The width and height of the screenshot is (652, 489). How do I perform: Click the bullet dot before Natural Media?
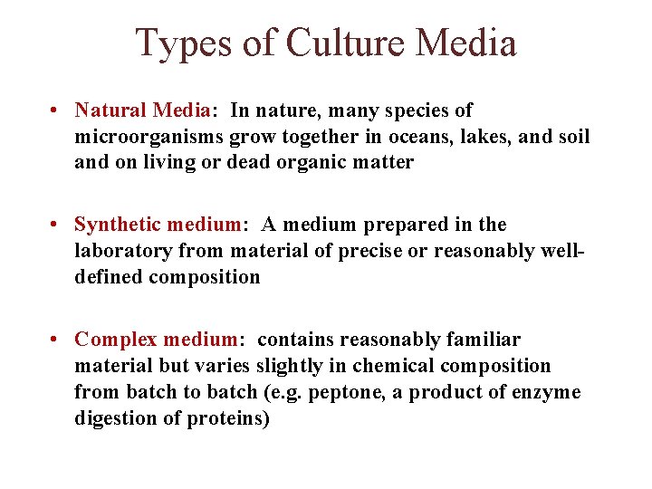click(56, 110)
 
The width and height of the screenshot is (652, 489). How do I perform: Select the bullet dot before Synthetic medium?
click(56, 225)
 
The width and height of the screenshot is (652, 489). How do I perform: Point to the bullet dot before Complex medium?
click(56, 340)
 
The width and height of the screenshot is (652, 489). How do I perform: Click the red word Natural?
click(110, 110)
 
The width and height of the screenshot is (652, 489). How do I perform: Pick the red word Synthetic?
click(118, 225)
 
